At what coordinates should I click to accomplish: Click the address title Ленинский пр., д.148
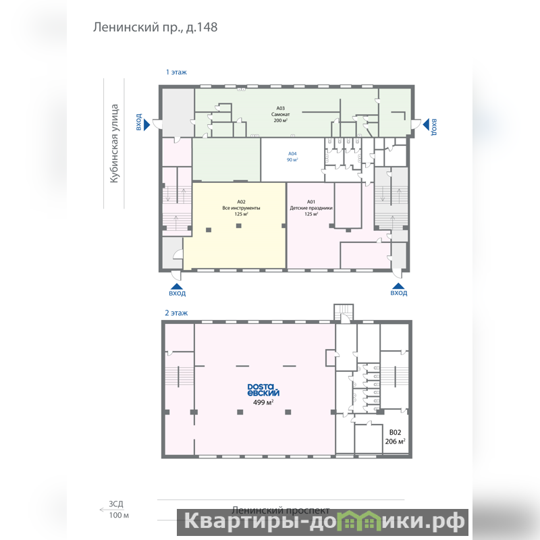pos(155,27)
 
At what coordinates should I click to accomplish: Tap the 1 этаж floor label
pos(176,72)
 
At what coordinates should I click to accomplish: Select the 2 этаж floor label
pos(176,313)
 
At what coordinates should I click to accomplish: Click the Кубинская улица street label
pos(114,143)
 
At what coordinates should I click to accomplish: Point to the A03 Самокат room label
pos(281,114)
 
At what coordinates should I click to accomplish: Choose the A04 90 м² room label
pos(292,157)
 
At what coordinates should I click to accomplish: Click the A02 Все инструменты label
pos(241,208)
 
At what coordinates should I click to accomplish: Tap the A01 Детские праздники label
pos(311,208)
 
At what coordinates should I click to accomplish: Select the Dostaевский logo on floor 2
pos(263,390)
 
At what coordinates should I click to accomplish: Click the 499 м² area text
pos(263,402)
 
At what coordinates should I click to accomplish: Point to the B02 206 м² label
pos(395,437)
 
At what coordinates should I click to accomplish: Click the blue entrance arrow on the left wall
pos(146,124)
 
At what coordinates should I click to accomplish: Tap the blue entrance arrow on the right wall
pos(426,124)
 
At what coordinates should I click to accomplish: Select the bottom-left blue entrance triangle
pos(177,286)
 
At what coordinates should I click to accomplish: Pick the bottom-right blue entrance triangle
pos(398,286)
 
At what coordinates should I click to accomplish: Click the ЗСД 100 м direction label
pos(115,510)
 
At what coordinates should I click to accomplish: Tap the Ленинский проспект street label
pos(281,510)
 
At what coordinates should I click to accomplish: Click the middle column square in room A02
pos(239,226)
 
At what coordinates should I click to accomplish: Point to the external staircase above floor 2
pos(344,313)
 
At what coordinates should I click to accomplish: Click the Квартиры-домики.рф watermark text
pos(324,522)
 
